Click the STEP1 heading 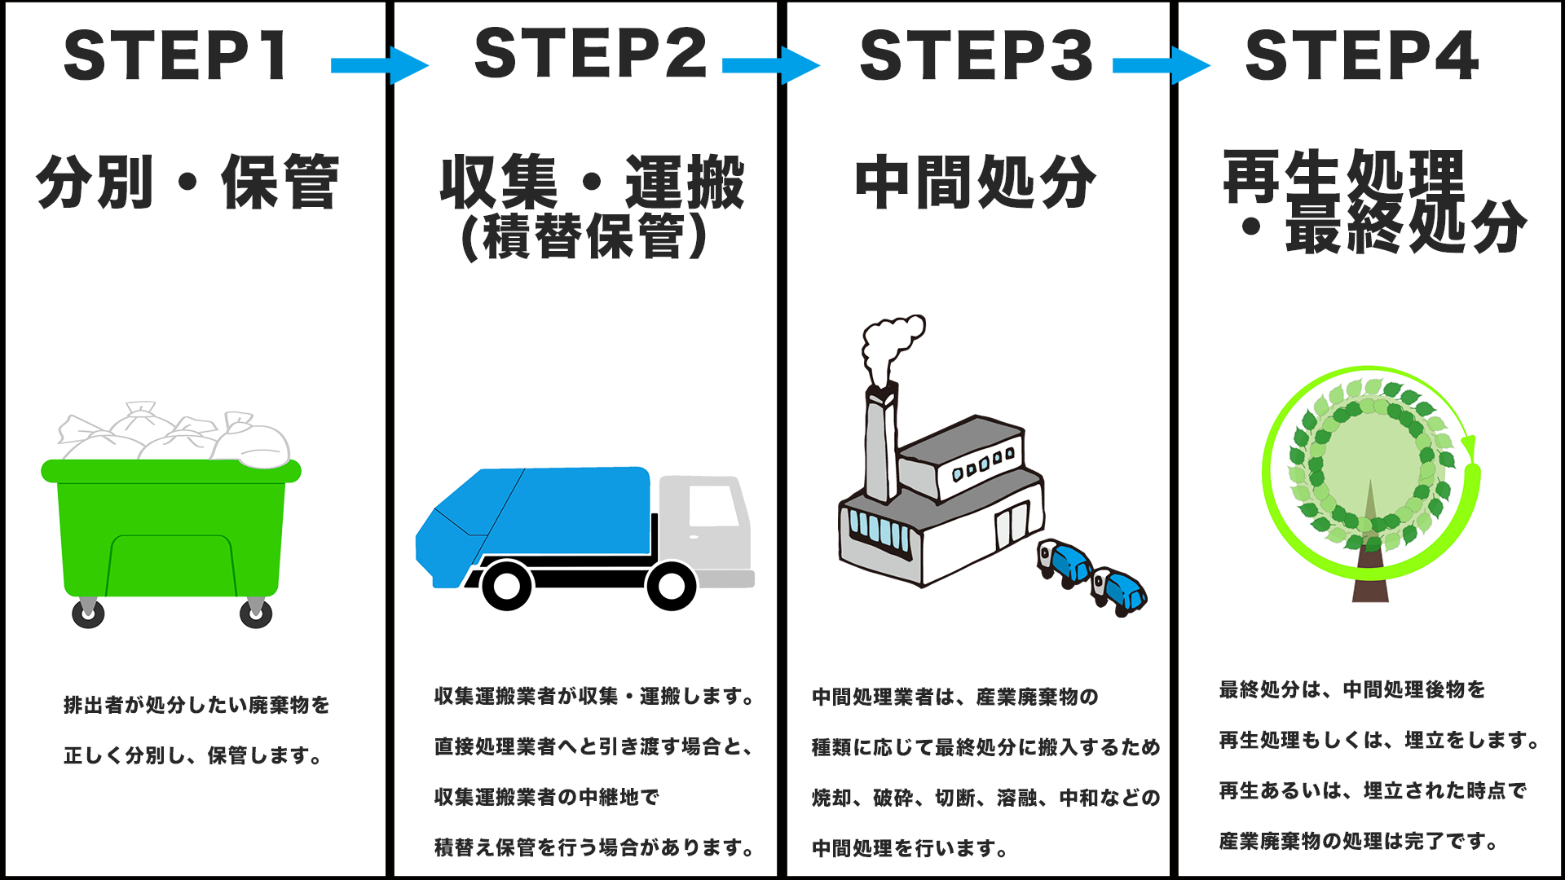click(x=175, y=55)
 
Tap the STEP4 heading click(x=1361, y=55)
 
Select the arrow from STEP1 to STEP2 click(x=380, y=65)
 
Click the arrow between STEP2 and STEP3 click(x=771, y=65)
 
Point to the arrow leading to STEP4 click(x=1162, y=65)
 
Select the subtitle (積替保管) click(x=584, y=236)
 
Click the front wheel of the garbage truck click(x=672, y=585)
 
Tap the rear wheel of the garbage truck click(x=507, y=585)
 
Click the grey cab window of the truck click(x=714, y=505)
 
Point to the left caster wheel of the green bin click(x=88, y=612)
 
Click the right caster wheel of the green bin click(x=256, y=612)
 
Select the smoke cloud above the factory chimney click(x=892, y=346)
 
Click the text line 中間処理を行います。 click(x=910, y=848)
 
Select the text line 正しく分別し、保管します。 click(x=193, y=755)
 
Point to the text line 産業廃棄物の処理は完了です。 click(x=1359, y=841)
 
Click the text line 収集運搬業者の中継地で click(x=546, y=797)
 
